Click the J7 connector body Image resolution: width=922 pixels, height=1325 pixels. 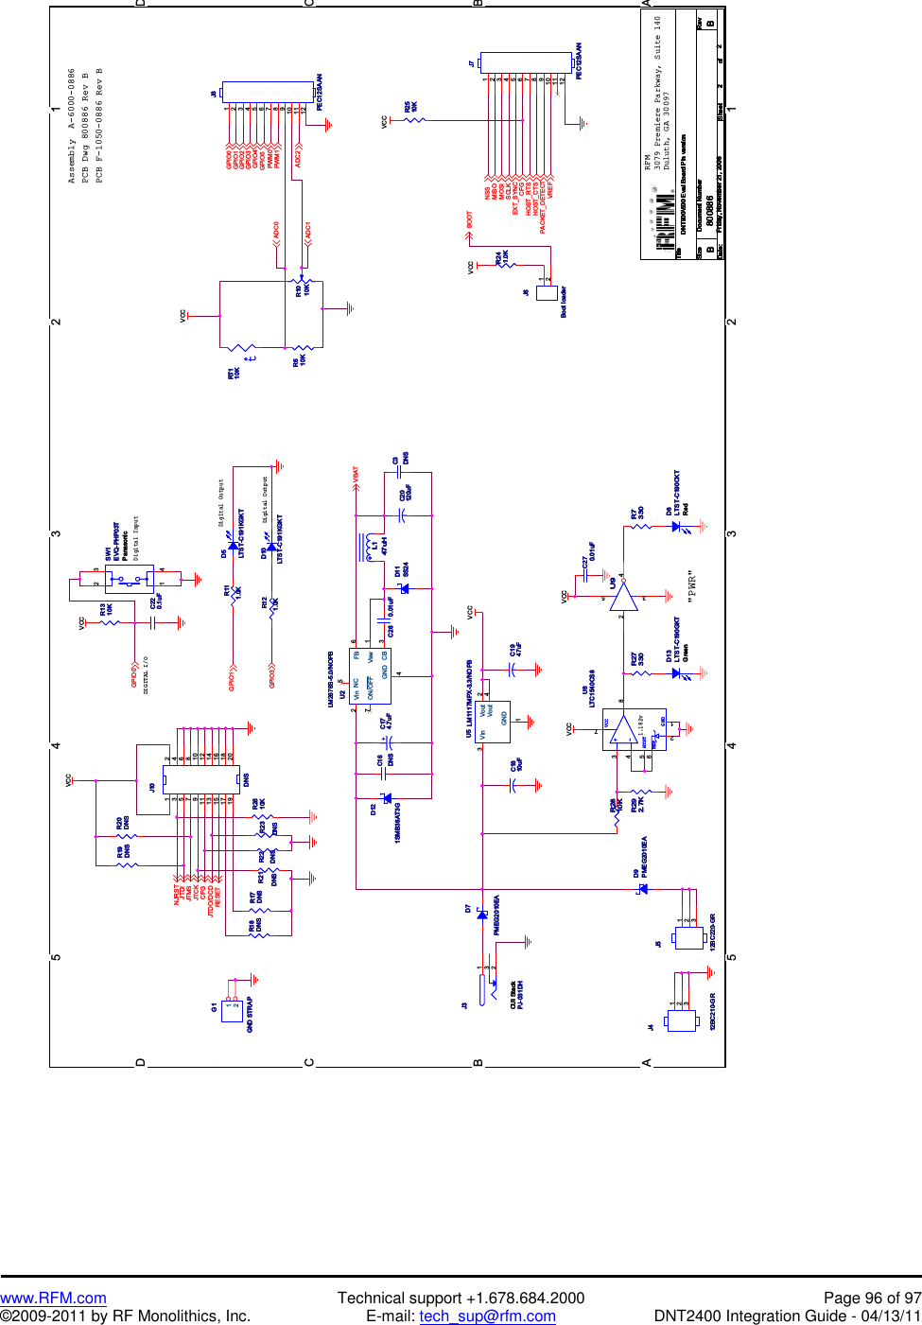(526, 63)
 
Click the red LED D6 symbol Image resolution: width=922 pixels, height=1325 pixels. (676, 528)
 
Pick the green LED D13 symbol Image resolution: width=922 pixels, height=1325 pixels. (676, 672)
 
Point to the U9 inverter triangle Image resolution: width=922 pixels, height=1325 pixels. (622, 597)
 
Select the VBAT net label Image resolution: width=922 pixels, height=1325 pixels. (356, 476)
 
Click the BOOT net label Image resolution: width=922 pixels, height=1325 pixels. (469, 220)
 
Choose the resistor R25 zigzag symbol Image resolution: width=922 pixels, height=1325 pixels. (414, 120)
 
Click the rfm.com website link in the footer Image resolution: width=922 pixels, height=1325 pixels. (53, 1298)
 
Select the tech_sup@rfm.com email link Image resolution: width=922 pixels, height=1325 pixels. (487, 1316)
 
